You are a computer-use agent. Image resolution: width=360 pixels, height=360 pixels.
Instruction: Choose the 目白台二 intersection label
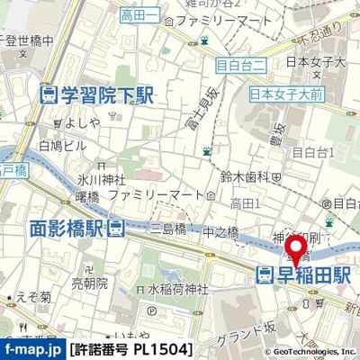pyautogui.click(x=241, y=64)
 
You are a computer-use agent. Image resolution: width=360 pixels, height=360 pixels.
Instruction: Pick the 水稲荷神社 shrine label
pyautogui.click(x=177, y=289)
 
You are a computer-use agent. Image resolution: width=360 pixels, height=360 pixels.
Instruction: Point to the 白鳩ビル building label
pyautogui.click(x=63, y=145)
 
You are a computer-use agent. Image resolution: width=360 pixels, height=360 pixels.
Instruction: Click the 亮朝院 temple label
pyautogui.click(x=89, y=282)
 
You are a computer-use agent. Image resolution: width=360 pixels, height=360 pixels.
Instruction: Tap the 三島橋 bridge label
pyautogui.click(x=168, y=229)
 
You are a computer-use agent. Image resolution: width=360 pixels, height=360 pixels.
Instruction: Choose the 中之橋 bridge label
pyautogui.click(x=220, y=231)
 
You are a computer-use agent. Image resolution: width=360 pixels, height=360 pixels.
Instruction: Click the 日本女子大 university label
pyautogui.click(x=315, y=62)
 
